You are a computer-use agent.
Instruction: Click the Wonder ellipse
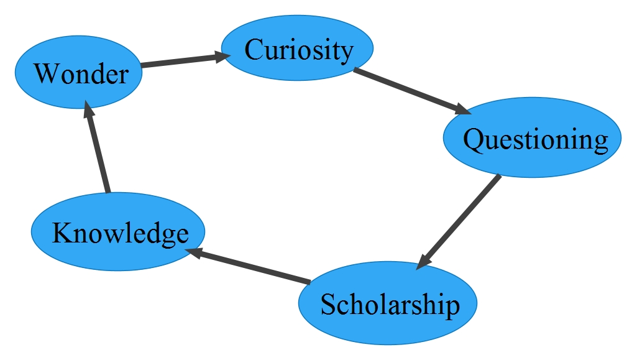coord(78,73)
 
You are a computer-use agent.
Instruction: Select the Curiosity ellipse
coord(298,49)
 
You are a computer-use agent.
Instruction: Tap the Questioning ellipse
coord(532,138)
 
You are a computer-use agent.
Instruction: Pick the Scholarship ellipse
coord(388,304)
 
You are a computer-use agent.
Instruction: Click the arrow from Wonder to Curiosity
coord(180,61)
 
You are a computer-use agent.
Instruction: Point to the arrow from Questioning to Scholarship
coord(460,221)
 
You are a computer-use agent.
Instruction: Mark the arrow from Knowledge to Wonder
coord(98,149)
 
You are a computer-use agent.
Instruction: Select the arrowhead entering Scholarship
coord(423,262)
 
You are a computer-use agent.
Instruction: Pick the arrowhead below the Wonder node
coord(89,112)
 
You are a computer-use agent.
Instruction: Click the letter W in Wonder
coord(46,74)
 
